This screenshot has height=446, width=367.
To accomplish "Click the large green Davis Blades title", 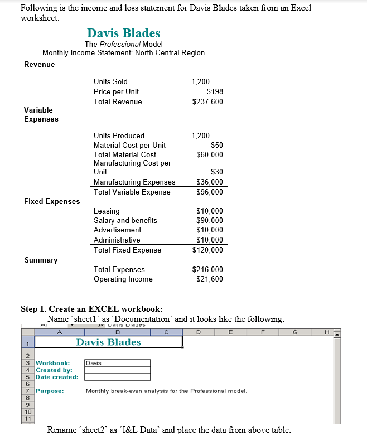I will (123, 33).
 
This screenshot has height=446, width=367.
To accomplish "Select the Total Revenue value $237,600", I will (207, 101).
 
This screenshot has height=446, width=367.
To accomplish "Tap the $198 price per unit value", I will (214, 91).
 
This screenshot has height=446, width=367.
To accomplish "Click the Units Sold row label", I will (110, 81).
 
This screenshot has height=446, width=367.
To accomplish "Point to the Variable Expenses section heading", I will (41, 114).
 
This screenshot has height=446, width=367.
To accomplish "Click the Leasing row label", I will (107, 211).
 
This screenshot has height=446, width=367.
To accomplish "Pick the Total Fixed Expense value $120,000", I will (207, 250).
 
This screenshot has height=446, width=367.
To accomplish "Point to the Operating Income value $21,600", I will (210, 279).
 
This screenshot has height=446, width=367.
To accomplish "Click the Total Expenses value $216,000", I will (207, 269).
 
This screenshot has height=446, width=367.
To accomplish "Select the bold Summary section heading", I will (41, 260).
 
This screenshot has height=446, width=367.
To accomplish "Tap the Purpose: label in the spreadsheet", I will (50, 391).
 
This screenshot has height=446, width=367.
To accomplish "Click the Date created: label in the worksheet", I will (57, 377).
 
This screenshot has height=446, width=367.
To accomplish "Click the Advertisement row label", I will (117, 230).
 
